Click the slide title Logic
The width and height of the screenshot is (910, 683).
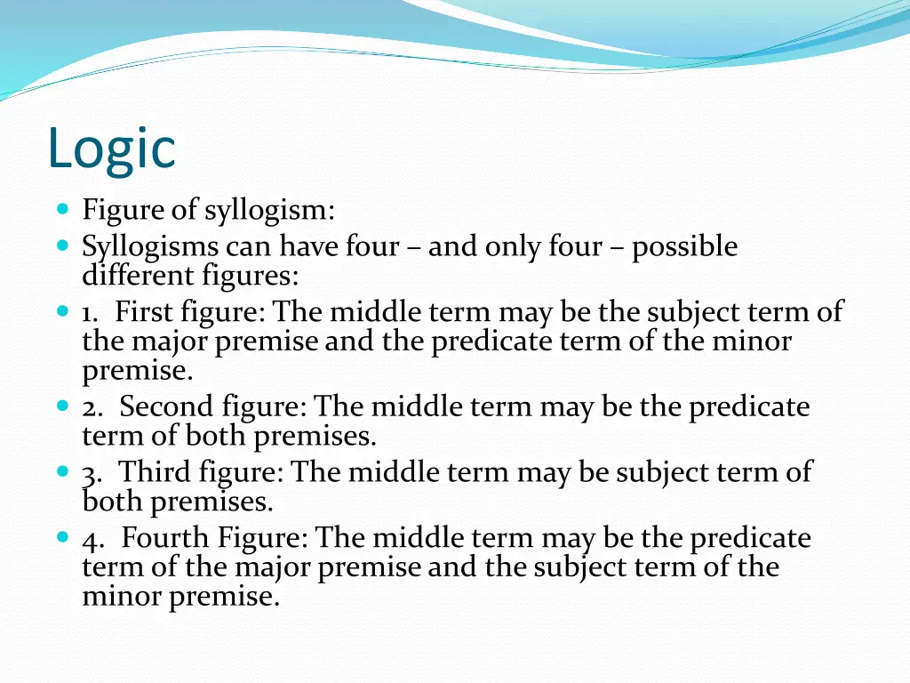pyautogui.click(x=112, y=148)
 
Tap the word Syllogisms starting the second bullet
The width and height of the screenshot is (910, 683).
pyautogui.click(x=149, y=246)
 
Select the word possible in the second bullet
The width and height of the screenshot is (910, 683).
pyautogui.click(x=684, y=245)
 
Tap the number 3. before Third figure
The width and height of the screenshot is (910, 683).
pyautogui.click(x=92, y=472)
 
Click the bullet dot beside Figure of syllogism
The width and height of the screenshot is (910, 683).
pyautogui.click(x=62, y=211)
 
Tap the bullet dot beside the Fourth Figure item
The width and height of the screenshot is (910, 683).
pyautogui.click(x=62, y=537)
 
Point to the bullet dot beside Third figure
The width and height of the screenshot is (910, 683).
pyautogui.click(x=62, y=471)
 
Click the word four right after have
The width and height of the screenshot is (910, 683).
pyautogui.click(x=371, y=246)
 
